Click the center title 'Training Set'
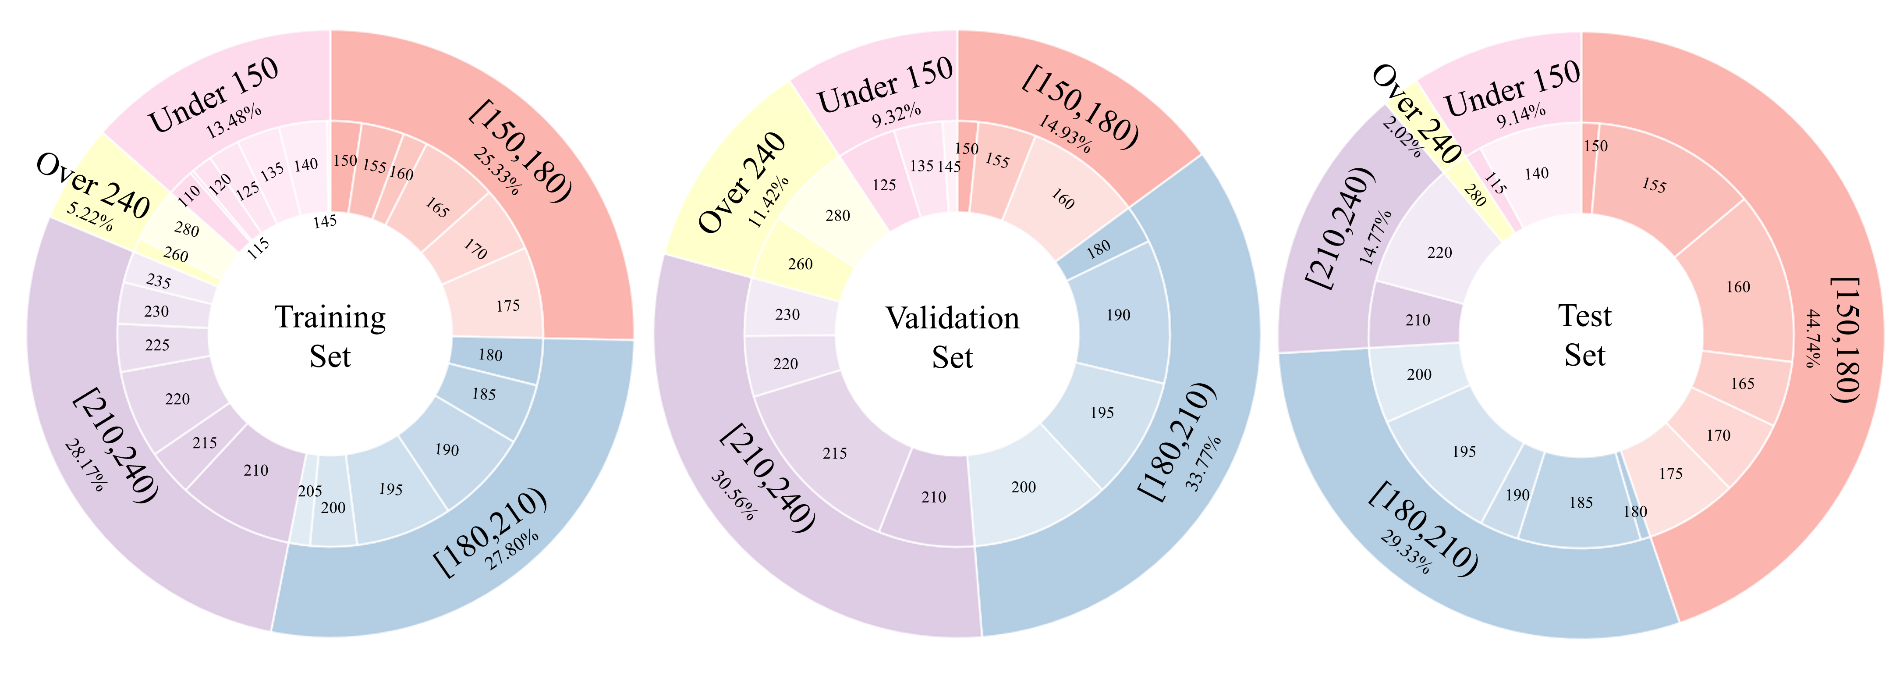[x=330, y=337]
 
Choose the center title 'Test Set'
[x=1584, y=335]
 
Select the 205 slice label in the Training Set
[x=309, y=491]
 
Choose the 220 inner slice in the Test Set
[x=1439, y=253]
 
